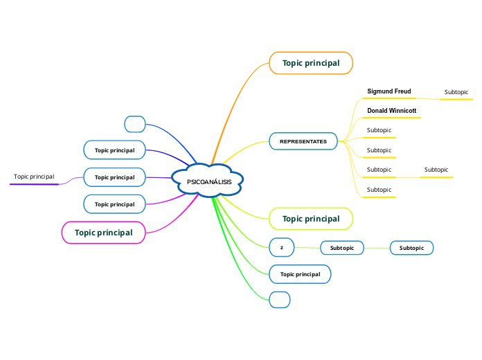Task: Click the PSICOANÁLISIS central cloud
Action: coord(209,181)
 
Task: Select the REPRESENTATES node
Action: coord(303,141)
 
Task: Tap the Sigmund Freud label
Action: coord(389,91)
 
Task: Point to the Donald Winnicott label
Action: coord(391,111)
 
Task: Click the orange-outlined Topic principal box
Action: coord(311,63)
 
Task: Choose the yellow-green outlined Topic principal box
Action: coord(311,219)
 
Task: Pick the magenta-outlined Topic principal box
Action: coord(103,233)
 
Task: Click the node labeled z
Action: coord(281,247)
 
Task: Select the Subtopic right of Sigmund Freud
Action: coord(456,92)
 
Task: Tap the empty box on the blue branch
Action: coord(134,124)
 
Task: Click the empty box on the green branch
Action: coord(279,300)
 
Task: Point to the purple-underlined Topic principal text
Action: coord(34,177)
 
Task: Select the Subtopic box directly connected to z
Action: coord(342,248)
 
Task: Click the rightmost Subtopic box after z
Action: coord(412,248)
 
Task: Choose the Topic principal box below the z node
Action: coord(300,274)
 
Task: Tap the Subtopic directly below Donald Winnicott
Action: coord(379,130)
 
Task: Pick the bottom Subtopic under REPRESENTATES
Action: coord(379,190)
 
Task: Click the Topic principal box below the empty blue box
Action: coord(114,150)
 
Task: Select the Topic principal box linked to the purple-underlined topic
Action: coord(114,177)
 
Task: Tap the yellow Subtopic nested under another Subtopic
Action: coord(436,170)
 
